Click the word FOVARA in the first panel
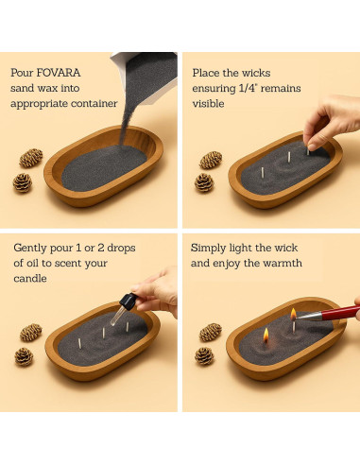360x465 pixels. coord(59,73)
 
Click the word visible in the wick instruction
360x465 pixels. coord(208,103)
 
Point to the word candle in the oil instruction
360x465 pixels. coord(30,279)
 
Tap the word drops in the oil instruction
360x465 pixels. coord(121,248)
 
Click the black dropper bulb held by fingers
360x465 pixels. coord(129,300)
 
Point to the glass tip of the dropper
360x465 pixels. coord(116,316)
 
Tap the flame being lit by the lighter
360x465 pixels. coord(293,314)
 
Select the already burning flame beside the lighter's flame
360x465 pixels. coord(266,336)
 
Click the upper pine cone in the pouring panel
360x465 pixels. coord(31,158)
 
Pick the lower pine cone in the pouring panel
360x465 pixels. coord(23,182)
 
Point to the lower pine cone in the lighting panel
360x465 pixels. coord(204,356)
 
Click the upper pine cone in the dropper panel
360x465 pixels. coord(31,333)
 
